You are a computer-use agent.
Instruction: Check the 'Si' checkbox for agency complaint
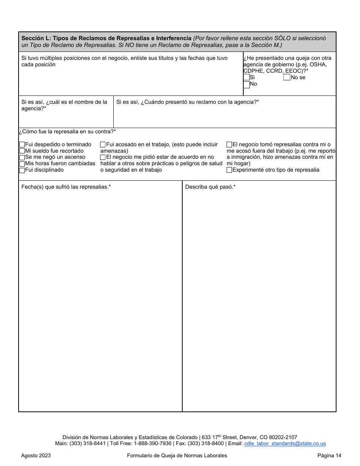tap(246, 77)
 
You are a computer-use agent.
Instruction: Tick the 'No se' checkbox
tap(287, 77)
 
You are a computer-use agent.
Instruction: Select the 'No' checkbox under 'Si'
tap(246, 84)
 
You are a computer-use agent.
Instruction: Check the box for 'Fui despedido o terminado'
tap(22, 144)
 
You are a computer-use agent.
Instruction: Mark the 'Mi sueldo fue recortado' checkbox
tap(22, 151)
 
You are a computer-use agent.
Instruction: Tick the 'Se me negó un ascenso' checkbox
tap(22, 157)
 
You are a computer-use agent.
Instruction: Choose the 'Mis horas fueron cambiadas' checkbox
tap(22, 164)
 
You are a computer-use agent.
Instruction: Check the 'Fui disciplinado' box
tap(22, 170)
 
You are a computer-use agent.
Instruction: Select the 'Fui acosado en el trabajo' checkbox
tap(103, 144)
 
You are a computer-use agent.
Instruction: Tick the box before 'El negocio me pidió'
tap(103, 157)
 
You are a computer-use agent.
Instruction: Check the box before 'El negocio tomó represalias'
tap(229, 144)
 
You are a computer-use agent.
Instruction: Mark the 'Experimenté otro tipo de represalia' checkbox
tap(229, 170)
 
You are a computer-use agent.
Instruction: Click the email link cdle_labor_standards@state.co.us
tap(285, 444)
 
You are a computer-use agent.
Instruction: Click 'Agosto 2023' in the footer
tap(36, 455)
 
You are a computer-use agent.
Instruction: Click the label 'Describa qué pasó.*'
tap(210, 187)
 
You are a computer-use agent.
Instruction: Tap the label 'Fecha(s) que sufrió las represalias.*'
tap(66, 187)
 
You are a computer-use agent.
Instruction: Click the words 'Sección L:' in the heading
tap(36, 38)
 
